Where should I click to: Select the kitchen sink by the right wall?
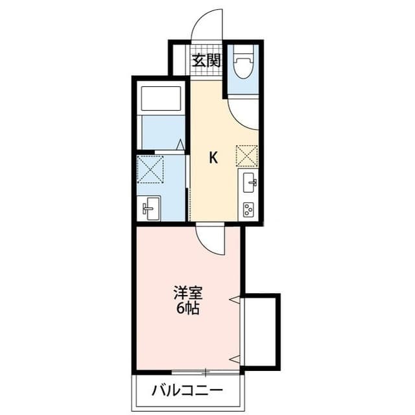249,184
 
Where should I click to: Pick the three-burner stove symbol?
248,209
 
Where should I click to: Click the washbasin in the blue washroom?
150,208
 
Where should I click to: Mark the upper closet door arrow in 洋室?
237,300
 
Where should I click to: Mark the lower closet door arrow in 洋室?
237,358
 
